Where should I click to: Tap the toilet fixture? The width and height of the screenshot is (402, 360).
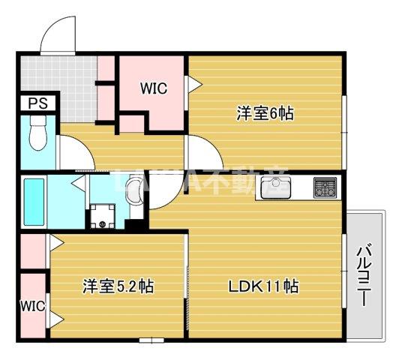35,136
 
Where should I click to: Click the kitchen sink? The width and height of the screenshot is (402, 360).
276,189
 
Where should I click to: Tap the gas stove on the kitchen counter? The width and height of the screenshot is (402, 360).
325,187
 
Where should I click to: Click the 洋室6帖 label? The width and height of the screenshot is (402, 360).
265,114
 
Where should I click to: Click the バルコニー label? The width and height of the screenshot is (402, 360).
363,274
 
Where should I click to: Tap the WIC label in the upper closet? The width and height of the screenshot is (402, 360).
154,88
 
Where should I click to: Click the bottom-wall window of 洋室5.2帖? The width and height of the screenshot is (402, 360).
150,339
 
